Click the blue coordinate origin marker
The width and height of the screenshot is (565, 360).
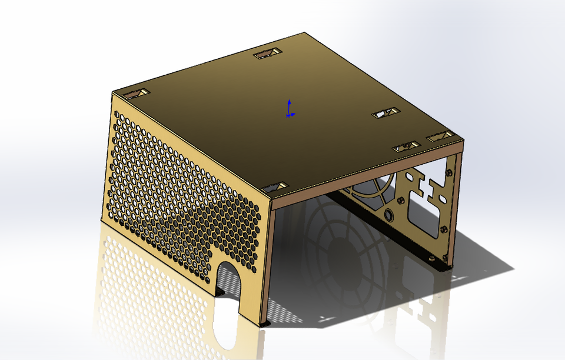(x=288, y=115)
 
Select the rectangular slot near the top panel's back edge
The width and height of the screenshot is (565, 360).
(x=267, y=54)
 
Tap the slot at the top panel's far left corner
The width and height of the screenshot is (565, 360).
(x=136, y=94)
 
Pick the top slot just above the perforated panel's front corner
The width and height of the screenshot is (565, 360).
(x=274, y=186)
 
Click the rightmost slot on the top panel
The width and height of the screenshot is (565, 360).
(x=440, y=136)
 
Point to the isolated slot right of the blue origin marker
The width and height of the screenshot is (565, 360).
(x=386, y=112)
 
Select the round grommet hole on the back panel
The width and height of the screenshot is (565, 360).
(x=389, y=215)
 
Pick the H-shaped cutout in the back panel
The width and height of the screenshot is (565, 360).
(x=429, y=188)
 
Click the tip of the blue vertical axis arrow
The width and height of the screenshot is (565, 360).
(x=289, y=101)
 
